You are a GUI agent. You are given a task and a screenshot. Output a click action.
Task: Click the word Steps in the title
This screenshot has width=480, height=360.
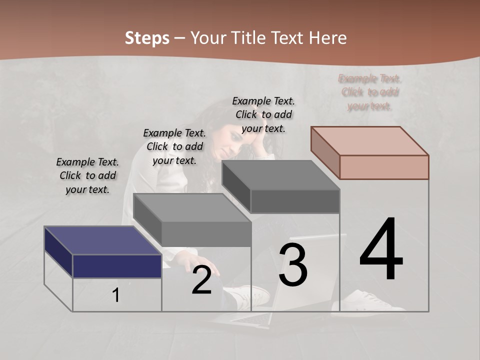click(147, 38)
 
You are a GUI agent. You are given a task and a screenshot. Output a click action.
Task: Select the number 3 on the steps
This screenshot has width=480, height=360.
click(293, 265)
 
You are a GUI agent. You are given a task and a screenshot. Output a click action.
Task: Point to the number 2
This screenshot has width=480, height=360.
click(201, 280)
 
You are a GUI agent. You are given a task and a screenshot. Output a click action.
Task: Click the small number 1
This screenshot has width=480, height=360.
click(116, 295)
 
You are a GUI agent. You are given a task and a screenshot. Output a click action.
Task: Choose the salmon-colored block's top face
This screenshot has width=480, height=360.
click(370, 140)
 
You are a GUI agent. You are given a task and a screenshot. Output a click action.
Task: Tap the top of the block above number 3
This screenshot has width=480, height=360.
click(281, 174)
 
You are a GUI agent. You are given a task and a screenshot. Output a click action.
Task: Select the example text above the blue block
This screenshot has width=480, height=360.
click(87, 175)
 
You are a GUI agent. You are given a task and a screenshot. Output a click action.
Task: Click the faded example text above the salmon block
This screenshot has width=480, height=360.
click(370, 92)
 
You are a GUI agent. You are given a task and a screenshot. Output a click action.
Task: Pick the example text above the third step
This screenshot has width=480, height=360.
click(263, 114)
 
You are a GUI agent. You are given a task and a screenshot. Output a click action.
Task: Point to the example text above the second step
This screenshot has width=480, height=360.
click(174, 146)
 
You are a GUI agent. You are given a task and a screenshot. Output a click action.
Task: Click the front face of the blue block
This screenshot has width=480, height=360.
click(117, 266)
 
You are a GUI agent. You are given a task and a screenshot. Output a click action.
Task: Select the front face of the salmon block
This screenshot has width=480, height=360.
click(384, 167)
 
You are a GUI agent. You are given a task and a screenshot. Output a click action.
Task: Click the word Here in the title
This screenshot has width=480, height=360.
click(328, 38)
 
